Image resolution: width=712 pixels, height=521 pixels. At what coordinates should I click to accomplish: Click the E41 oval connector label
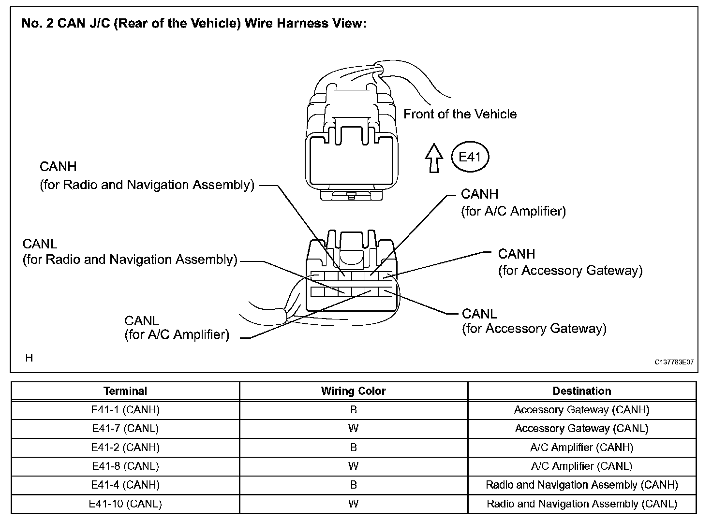(x=469, y=157)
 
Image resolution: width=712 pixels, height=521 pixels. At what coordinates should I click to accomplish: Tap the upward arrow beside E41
(x=434, y=158)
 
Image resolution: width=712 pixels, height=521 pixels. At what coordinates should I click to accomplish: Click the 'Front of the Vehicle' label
(x=460, y=114)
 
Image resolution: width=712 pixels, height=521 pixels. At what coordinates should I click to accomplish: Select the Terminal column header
(x=125, y=391)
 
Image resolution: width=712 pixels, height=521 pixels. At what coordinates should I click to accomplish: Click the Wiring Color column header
(x=354, y=391)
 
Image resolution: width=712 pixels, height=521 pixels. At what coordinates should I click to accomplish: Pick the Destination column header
(x=582, y=391)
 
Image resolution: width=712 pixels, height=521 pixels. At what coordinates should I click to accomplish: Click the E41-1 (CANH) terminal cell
(x=125, y=410)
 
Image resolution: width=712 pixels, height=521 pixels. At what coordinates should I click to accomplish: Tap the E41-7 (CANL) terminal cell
(x=125, y=428)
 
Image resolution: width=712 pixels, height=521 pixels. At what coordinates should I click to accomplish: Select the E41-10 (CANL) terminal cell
(x=125, y=504)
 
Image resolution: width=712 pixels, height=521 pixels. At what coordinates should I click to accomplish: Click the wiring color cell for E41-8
(x=354, y=466)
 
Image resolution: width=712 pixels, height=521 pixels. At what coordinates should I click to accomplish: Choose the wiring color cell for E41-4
(x=354, y=485)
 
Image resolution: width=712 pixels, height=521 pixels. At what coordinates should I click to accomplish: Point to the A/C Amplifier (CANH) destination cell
(x=582, y=447)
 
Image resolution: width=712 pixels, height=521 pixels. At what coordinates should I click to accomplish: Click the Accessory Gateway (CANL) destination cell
(x=582, y=428)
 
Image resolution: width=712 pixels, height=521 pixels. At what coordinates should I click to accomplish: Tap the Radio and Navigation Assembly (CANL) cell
(x=582, y=504)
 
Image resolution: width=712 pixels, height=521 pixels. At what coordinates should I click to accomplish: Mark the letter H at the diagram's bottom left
(x=30, y=358)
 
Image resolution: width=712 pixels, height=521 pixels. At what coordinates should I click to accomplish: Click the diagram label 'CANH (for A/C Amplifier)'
(x=513, y=203)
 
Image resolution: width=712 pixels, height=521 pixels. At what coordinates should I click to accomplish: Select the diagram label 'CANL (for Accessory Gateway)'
(x=534, y=321)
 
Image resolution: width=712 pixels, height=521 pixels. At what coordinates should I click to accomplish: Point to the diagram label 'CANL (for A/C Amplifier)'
(x=177, y=328)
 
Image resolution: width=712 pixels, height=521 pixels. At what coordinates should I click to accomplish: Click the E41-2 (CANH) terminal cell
(x=125, y=447)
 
